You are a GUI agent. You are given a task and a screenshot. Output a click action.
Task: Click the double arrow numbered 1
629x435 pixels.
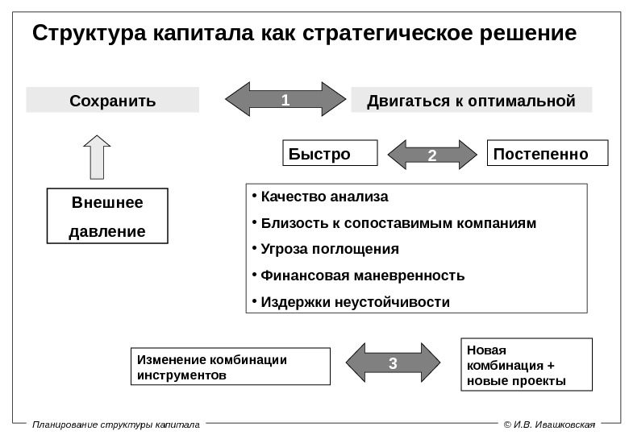[x=284, y=101]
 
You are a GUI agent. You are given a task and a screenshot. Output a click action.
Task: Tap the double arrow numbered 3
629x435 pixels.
[x=393, y=364]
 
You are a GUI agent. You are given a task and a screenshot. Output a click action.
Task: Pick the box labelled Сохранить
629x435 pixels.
[x=113, y=101]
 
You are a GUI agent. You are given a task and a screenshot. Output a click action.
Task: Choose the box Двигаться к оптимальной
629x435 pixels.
[x=472, y=101]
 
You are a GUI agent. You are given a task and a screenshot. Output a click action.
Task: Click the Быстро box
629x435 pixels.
[x=329, y=153]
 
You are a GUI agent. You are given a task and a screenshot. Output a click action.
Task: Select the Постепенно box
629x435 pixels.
[x=548, y=153]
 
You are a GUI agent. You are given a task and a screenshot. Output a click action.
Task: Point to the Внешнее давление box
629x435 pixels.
[x=107, y=216]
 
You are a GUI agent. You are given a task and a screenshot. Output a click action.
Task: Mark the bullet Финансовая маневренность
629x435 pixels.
[x=362, y=275]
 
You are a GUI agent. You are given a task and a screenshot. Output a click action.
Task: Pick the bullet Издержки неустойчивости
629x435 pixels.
[x=356, y=301]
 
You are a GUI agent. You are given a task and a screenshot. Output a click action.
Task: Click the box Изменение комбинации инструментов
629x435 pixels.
[x=230, y=367]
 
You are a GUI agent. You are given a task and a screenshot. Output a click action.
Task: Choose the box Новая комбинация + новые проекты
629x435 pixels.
[x=526, y=365]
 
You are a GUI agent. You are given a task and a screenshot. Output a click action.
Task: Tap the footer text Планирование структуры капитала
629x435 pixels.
[x=115, y=424]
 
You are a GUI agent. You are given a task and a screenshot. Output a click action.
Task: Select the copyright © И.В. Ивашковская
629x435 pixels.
[x=548, y=424]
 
